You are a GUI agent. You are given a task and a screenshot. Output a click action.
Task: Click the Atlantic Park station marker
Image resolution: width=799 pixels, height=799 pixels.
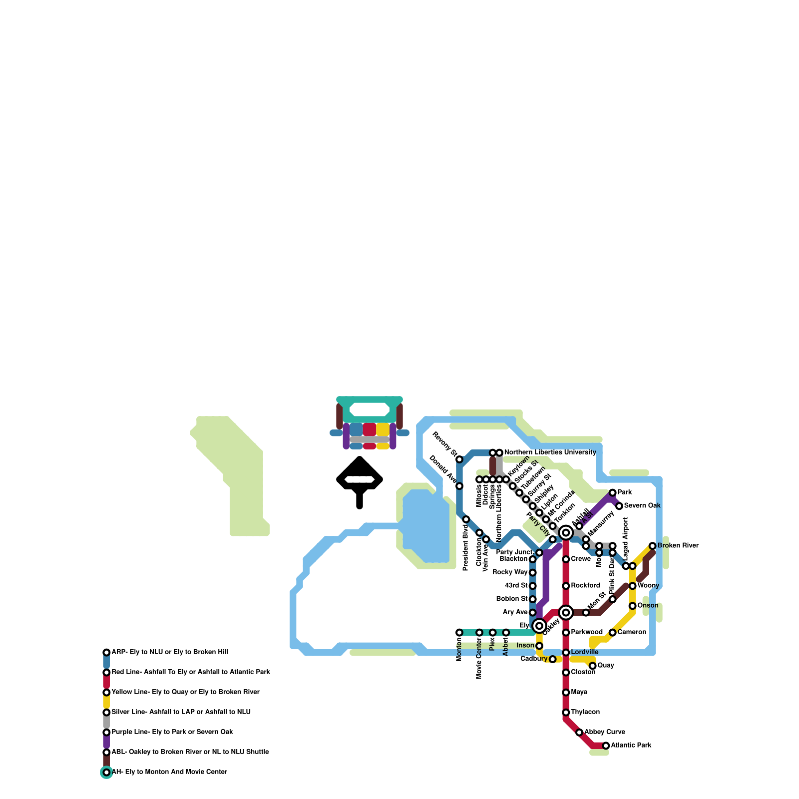click(x=606, y=746)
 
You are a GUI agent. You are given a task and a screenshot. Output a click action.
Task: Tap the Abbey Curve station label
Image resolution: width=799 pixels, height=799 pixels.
click(x=604, y=732)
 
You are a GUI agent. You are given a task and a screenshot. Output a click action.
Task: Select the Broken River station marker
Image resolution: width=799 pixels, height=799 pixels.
click(x=652, y=546)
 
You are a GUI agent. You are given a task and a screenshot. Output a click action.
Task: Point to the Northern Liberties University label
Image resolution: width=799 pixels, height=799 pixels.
click(x=550, y=452)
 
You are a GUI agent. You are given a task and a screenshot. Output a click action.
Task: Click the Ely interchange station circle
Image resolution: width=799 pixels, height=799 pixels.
click(x=539, y=626)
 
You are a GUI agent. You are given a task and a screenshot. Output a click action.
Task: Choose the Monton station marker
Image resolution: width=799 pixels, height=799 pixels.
click(x=459, y=633)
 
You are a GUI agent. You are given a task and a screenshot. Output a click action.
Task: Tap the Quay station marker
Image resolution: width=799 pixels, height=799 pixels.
click(x=592, y=666)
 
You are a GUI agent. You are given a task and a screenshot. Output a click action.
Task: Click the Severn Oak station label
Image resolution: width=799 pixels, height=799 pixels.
click(x=642, y=506)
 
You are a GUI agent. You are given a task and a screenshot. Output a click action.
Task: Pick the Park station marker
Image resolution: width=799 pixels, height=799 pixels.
click(x=612, y=493)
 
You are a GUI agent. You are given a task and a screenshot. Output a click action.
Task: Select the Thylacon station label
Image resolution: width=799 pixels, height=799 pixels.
click(x=585, y=712)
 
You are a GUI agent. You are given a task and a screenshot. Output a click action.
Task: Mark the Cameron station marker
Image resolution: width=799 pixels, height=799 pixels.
click(x=612, y=633)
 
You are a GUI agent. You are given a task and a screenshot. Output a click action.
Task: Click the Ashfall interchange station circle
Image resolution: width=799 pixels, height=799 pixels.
click(x=566, y=533)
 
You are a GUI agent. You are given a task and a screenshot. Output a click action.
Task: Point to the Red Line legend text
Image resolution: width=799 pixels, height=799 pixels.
click(x=191, y=672)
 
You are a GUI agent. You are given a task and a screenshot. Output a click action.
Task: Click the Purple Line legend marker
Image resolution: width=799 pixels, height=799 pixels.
click(x=106, y=733)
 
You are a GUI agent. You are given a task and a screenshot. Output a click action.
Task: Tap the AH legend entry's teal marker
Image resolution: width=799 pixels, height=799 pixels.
click(x=106, y=773)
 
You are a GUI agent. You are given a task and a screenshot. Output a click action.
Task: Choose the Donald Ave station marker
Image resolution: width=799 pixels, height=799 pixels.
click(x=459, y=486)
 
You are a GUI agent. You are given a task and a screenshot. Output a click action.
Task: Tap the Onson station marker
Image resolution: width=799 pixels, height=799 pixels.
click(x=632, y=606)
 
